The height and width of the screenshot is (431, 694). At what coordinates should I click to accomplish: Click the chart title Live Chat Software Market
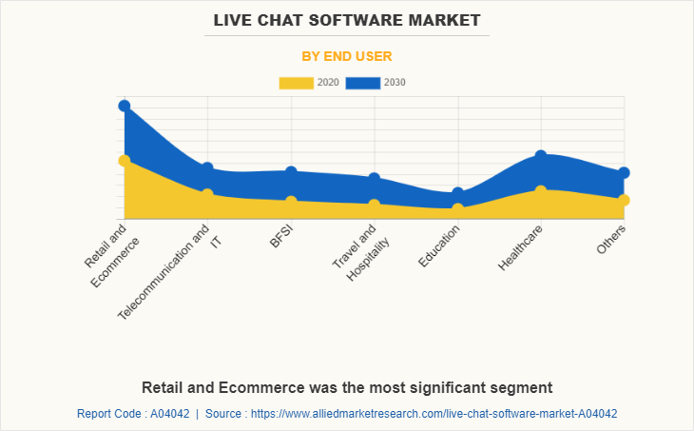(x=347, y=20)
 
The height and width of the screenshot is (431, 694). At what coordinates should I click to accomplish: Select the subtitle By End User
(x=347, y=56)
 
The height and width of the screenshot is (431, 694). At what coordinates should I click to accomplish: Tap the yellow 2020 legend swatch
(x=296, y=82)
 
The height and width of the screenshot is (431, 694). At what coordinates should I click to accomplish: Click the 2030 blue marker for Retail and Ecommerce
(x=125, y=106)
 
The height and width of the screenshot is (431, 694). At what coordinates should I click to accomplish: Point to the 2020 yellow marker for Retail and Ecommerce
(x=125, y=161)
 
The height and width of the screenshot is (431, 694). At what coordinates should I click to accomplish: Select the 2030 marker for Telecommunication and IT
(x=207, y=168)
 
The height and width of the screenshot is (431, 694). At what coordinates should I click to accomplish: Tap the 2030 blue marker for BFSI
(x=291, y=172)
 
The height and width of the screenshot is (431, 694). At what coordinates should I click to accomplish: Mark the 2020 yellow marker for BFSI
(x=291, y=202)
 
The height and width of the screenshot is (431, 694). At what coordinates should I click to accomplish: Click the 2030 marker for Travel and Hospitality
(x=375, y=178)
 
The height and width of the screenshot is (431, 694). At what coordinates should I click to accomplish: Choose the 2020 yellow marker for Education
(x=457, y=208)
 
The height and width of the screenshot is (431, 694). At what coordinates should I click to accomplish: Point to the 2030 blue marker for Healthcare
(x=540, y=155)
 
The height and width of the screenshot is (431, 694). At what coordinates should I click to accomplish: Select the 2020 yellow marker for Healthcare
(x=540, y=191)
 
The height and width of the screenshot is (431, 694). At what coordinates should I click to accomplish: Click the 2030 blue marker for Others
(x=624, y=173)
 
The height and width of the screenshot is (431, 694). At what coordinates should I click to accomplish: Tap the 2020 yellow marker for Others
(x=624, y=200)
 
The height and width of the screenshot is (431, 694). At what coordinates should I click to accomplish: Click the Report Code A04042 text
(x=132, y=414)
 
